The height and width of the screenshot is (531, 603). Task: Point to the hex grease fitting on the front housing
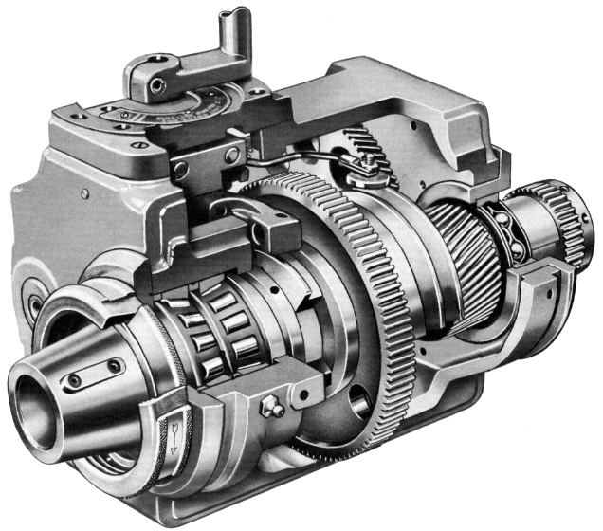(270, 410)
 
